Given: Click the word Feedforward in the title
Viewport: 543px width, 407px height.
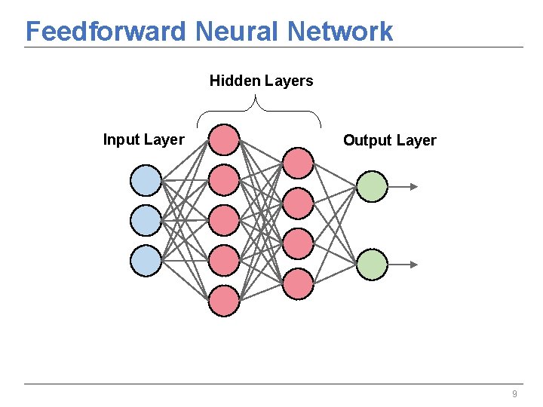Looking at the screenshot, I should click(x=106, y=32).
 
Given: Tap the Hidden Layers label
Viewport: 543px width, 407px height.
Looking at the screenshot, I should click(x=261, y=81).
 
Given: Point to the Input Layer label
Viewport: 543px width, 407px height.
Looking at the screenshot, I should click(x=143, y=139).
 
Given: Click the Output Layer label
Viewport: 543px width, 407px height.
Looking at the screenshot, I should click(x=389, y=140).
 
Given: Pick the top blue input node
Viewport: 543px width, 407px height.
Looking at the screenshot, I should click(x=146, y=181).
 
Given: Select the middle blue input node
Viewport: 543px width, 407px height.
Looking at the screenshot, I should click(x=146, y=220).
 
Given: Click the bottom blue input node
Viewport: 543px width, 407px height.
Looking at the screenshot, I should click(x=146, y=260).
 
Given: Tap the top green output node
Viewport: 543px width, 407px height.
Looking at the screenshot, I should click(x=372, y=186).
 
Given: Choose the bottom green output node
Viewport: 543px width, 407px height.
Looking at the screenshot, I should click(x=372, y=265).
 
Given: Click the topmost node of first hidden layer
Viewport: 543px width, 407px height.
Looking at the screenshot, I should click(x=224, y=139).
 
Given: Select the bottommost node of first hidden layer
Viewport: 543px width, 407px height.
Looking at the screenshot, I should click(x=224, y=300).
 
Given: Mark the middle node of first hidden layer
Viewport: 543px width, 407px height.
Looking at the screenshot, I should click(x=224, y=220).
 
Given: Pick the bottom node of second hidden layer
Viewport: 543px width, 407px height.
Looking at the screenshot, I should click(x=299, y=283).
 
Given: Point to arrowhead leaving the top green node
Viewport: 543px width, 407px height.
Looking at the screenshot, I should click(x=413, y=186).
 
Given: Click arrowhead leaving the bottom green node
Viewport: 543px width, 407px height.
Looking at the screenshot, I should click(x=413, y=265).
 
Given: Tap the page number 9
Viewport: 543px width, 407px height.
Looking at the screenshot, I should click(x=514, y=394).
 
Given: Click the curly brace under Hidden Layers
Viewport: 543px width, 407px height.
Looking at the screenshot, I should click(x=259, y=109).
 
